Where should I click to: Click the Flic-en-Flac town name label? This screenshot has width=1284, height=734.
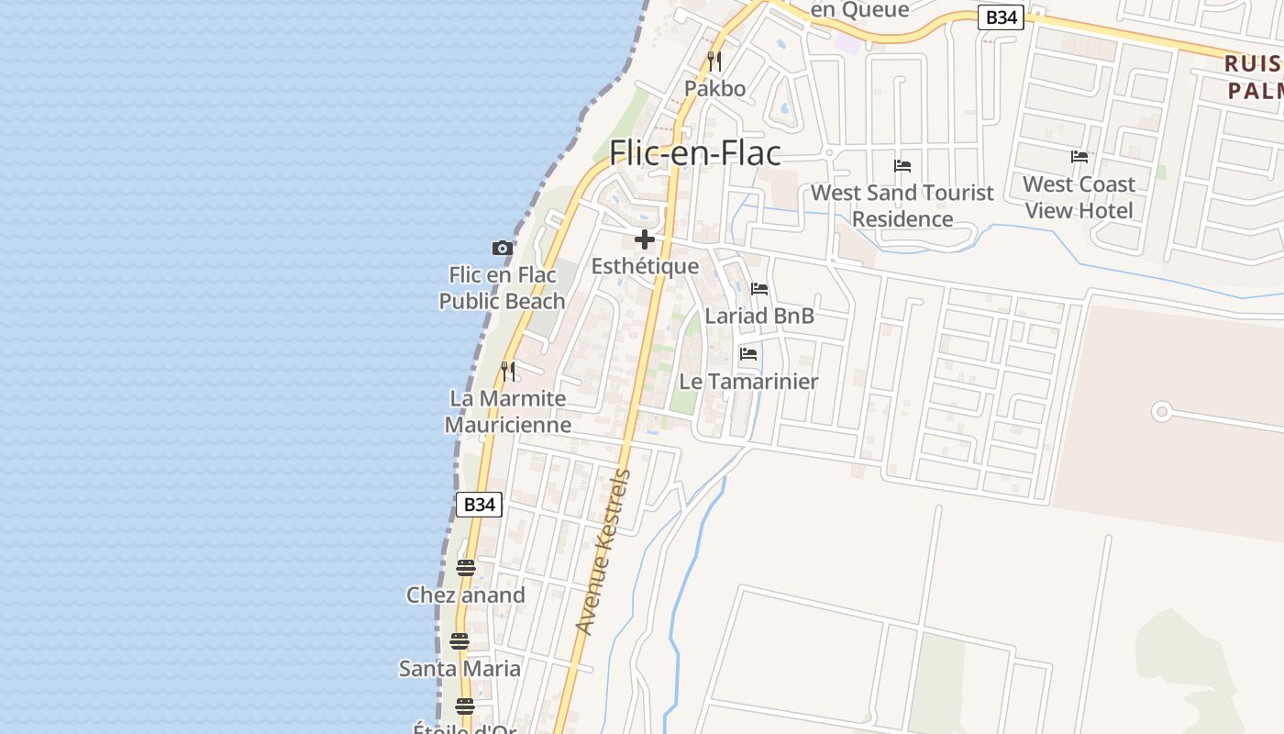[x=695, y=152]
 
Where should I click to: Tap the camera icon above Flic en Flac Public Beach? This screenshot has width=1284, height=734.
[x=502, y=248]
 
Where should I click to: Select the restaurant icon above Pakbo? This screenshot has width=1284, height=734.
[x=714, y=61]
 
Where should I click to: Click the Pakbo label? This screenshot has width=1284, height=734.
[x=715, y=89]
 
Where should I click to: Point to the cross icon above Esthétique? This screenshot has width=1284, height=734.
[x=645, y=240]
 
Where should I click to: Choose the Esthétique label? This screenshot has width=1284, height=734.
[x=645, y=266]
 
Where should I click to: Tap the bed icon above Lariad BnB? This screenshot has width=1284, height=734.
[x=759, y=289]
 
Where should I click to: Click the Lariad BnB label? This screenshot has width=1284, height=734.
[x=759, y=316]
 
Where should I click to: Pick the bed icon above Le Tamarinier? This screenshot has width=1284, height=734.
[x=748, y=354]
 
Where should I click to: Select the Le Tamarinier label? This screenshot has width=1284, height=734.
[x=748, y=381]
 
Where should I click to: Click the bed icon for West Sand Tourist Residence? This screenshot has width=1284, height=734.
[x=902, y=166]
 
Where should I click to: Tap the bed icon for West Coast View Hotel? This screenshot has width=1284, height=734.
[x=1079, y=157]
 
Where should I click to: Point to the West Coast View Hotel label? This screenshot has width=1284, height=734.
[x=1079, y=197]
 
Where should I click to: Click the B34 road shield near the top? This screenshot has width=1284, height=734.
[x=1000, y=17]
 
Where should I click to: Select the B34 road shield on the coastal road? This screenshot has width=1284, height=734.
[x=479, y=504]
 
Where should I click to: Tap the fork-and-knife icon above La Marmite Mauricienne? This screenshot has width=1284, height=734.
[x=508, y=372]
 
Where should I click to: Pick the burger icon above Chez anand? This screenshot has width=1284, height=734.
[x=466, y=568]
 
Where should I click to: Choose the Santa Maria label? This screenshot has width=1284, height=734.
[x=459, y=668]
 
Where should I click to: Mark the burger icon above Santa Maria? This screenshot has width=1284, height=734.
[x=459, y=641]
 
